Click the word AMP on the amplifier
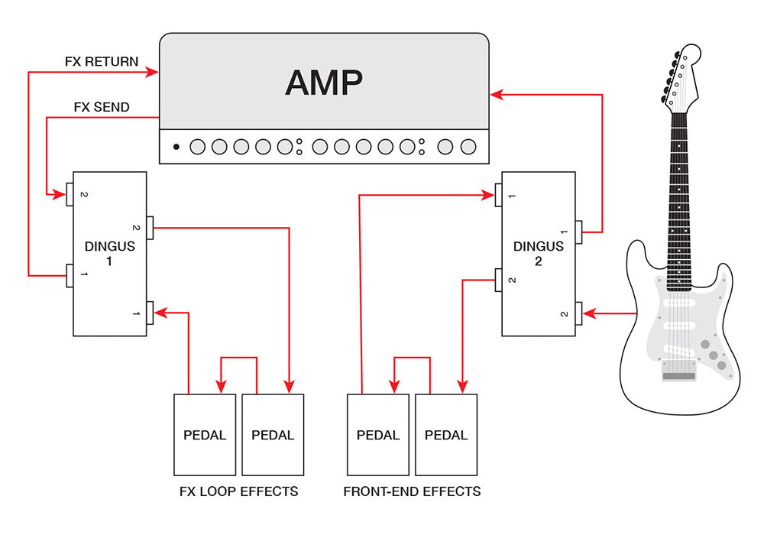pos(324,83)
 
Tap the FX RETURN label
pos(102,61)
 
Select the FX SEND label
pos(102,107)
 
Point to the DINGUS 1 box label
pos(109,254)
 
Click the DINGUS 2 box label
pos(539,254)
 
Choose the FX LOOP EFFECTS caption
pos(238,491)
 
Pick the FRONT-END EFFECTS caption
pos(413,491)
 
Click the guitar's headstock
pos(681,76)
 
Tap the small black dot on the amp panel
pos(176,147)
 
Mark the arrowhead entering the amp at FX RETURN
pos(153,73)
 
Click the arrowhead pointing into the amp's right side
pos(497,95)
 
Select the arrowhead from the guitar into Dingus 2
pos(589,313)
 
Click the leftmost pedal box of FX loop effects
pos(205,435)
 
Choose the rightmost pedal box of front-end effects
pos(446,435)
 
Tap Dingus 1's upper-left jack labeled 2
pos(70,194)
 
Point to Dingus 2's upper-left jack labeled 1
pos(498,195)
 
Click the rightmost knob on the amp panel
pos(468,147)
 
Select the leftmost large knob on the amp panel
pos(197,147)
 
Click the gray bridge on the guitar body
pos(678,371)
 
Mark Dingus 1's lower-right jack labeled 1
pos(150,313)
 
